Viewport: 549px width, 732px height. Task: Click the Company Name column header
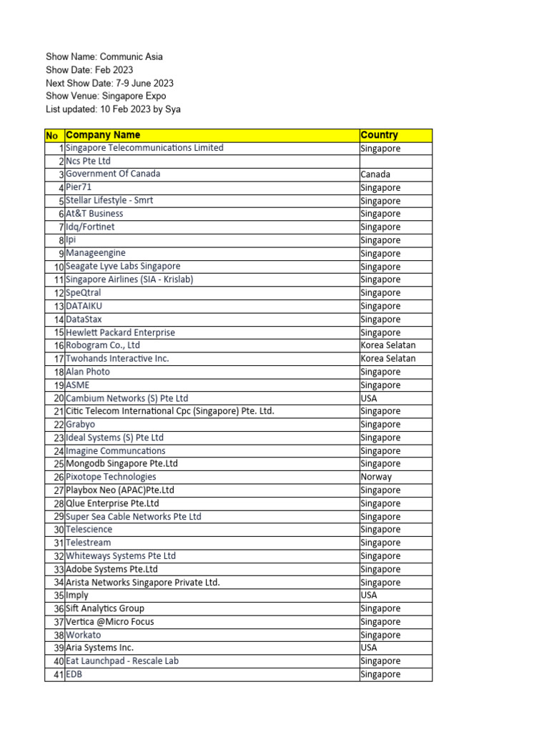[103, 135]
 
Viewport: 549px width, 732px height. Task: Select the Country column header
[380, 135]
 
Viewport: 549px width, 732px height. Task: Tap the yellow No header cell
[51, 135]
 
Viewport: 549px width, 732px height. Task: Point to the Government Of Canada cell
[113, 174]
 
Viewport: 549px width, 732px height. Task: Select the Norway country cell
[377, 477]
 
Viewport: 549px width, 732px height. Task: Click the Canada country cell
[376, 174]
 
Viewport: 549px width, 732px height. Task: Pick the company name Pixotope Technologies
[111, 477]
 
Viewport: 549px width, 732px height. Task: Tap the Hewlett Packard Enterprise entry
[120, 332]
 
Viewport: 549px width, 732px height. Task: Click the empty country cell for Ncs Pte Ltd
[395, 162]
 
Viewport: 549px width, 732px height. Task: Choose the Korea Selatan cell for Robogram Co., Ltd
[388, 345]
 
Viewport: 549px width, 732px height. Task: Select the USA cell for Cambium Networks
[371, 398]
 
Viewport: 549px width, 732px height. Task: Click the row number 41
[58, 674]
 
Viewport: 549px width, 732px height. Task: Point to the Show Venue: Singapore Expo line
[106, 96]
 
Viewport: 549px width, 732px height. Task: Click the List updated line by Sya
[113, 109]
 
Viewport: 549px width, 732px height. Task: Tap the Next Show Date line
[109, 83]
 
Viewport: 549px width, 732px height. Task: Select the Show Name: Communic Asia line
[104, 56]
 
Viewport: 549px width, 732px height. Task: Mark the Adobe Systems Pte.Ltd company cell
[112, 569]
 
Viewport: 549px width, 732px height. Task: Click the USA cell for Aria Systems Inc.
[371, 648]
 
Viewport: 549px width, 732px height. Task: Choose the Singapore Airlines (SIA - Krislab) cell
[129, 280]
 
